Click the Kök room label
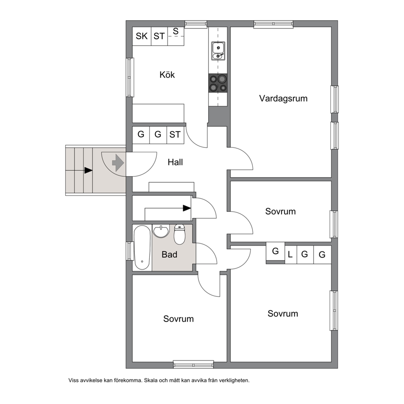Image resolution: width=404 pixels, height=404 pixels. [167, 75]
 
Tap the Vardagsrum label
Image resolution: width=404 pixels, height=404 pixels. [283, 99]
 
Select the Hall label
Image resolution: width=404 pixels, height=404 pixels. [175, 162]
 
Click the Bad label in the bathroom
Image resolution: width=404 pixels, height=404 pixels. [169, 255]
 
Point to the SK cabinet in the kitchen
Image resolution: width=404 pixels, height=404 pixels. [142, 36]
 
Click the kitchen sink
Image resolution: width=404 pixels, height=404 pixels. [218, 51]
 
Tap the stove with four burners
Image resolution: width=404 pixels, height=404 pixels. [218, 83]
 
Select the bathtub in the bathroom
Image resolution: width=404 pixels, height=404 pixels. [142, 248]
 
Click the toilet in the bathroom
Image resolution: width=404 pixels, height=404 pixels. [179, 234]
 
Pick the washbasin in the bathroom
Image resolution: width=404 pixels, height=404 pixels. [161, 231]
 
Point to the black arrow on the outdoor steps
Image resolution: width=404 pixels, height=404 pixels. [88, 170]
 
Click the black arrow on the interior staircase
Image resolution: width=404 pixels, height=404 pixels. [187, 208]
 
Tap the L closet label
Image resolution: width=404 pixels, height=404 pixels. [290, 255]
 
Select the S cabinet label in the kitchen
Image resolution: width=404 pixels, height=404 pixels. [176, 31]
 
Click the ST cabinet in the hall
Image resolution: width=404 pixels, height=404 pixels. [175, 135]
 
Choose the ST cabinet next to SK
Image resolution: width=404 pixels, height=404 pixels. [159, 36]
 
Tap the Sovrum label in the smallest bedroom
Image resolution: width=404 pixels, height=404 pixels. [280, 211]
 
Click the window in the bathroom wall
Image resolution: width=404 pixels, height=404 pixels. [129, 251]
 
